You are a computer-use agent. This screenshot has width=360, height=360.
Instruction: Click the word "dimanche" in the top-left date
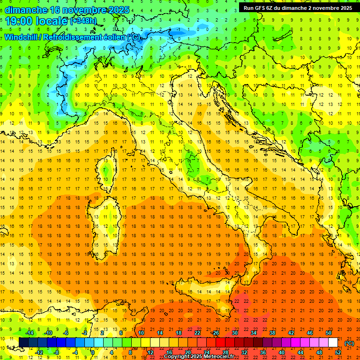(x=23, y=9)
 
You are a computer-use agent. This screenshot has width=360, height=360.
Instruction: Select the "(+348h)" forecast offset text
(x=84, y=21)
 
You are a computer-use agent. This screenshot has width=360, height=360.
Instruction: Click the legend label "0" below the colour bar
(x=93, y=352)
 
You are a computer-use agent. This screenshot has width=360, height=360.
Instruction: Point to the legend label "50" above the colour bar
(x=328, y=332)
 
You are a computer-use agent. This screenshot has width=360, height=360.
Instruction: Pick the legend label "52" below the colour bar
(x=337, y=352)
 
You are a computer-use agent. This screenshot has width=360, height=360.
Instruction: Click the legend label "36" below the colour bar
(x=262, y=352)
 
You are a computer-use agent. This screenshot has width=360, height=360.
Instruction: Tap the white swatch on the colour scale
(x=333, y=342)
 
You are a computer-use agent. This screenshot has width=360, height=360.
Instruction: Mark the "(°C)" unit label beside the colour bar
(x=349, y=343)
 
